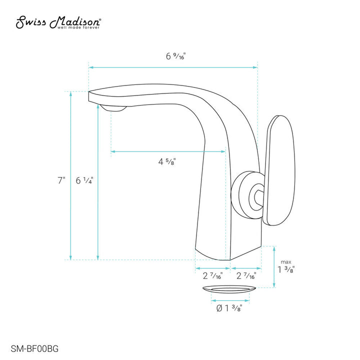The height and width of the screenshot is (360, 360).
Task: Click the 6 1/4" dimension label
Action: (85, 181)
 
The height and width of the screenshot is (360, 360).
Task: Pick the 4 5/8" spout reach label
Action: (167, 161)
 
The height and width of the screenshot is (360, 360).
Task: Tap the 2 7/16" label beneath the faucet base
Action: (212, 275)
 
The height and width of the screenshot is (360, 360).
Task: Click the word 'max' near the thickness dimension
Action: (285, 261)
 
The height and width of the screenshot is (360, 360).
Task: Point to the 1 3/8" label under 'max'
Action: (286, 270)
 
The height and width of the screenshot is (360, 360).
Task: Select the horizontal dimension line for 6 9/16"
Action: (173, 66)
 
